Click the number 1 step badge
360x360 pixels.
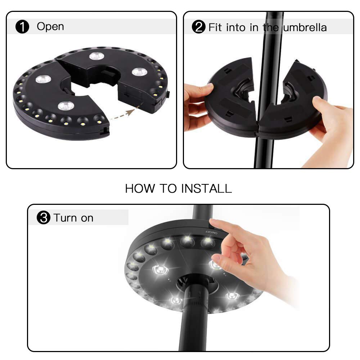coord(22,27)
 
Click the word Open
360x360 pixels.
coord(50,27)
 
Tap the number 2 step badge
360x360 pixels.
coord(198,27)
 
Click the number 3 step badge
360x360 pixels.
coord(43,218)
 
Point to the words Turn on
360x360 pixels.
coord(73,218)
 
